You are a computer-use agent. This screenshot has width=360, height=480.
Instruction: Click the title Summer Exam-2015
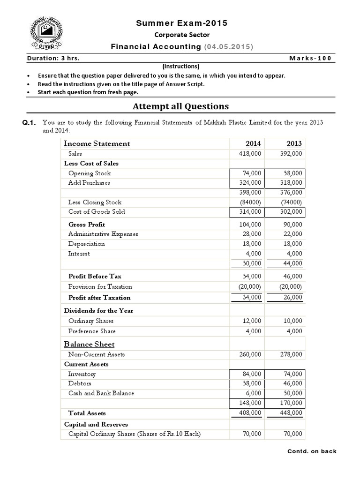[181, 23]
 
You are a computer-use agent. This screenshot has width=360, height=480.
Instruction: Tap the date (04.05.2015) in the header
[228, 46]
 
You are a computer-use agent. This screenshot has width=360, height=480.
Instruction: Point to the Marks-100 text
[310, 58]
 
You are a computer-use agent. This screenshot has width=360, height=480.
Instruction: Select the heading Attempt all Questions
[180, 106]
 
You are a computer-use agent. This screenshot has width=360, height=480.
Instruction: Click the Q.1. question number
[29, 123]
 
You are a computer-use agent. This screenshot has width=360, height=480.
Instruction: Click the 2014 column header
[253, 144]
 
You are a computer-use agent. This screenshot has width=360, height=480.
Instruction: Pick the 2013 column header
[294, 144]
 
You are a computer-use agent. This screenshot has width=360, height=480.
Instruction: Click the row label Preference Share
[92, 331]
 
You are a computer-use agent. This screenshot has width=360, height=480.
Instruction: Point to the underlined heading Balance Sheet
[89, 345]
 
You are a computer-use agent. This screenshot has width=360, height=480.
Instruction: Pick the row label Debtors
[80, 383]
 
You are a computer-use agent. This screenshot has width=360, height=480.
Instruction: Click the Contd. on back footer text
[312, 451]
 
